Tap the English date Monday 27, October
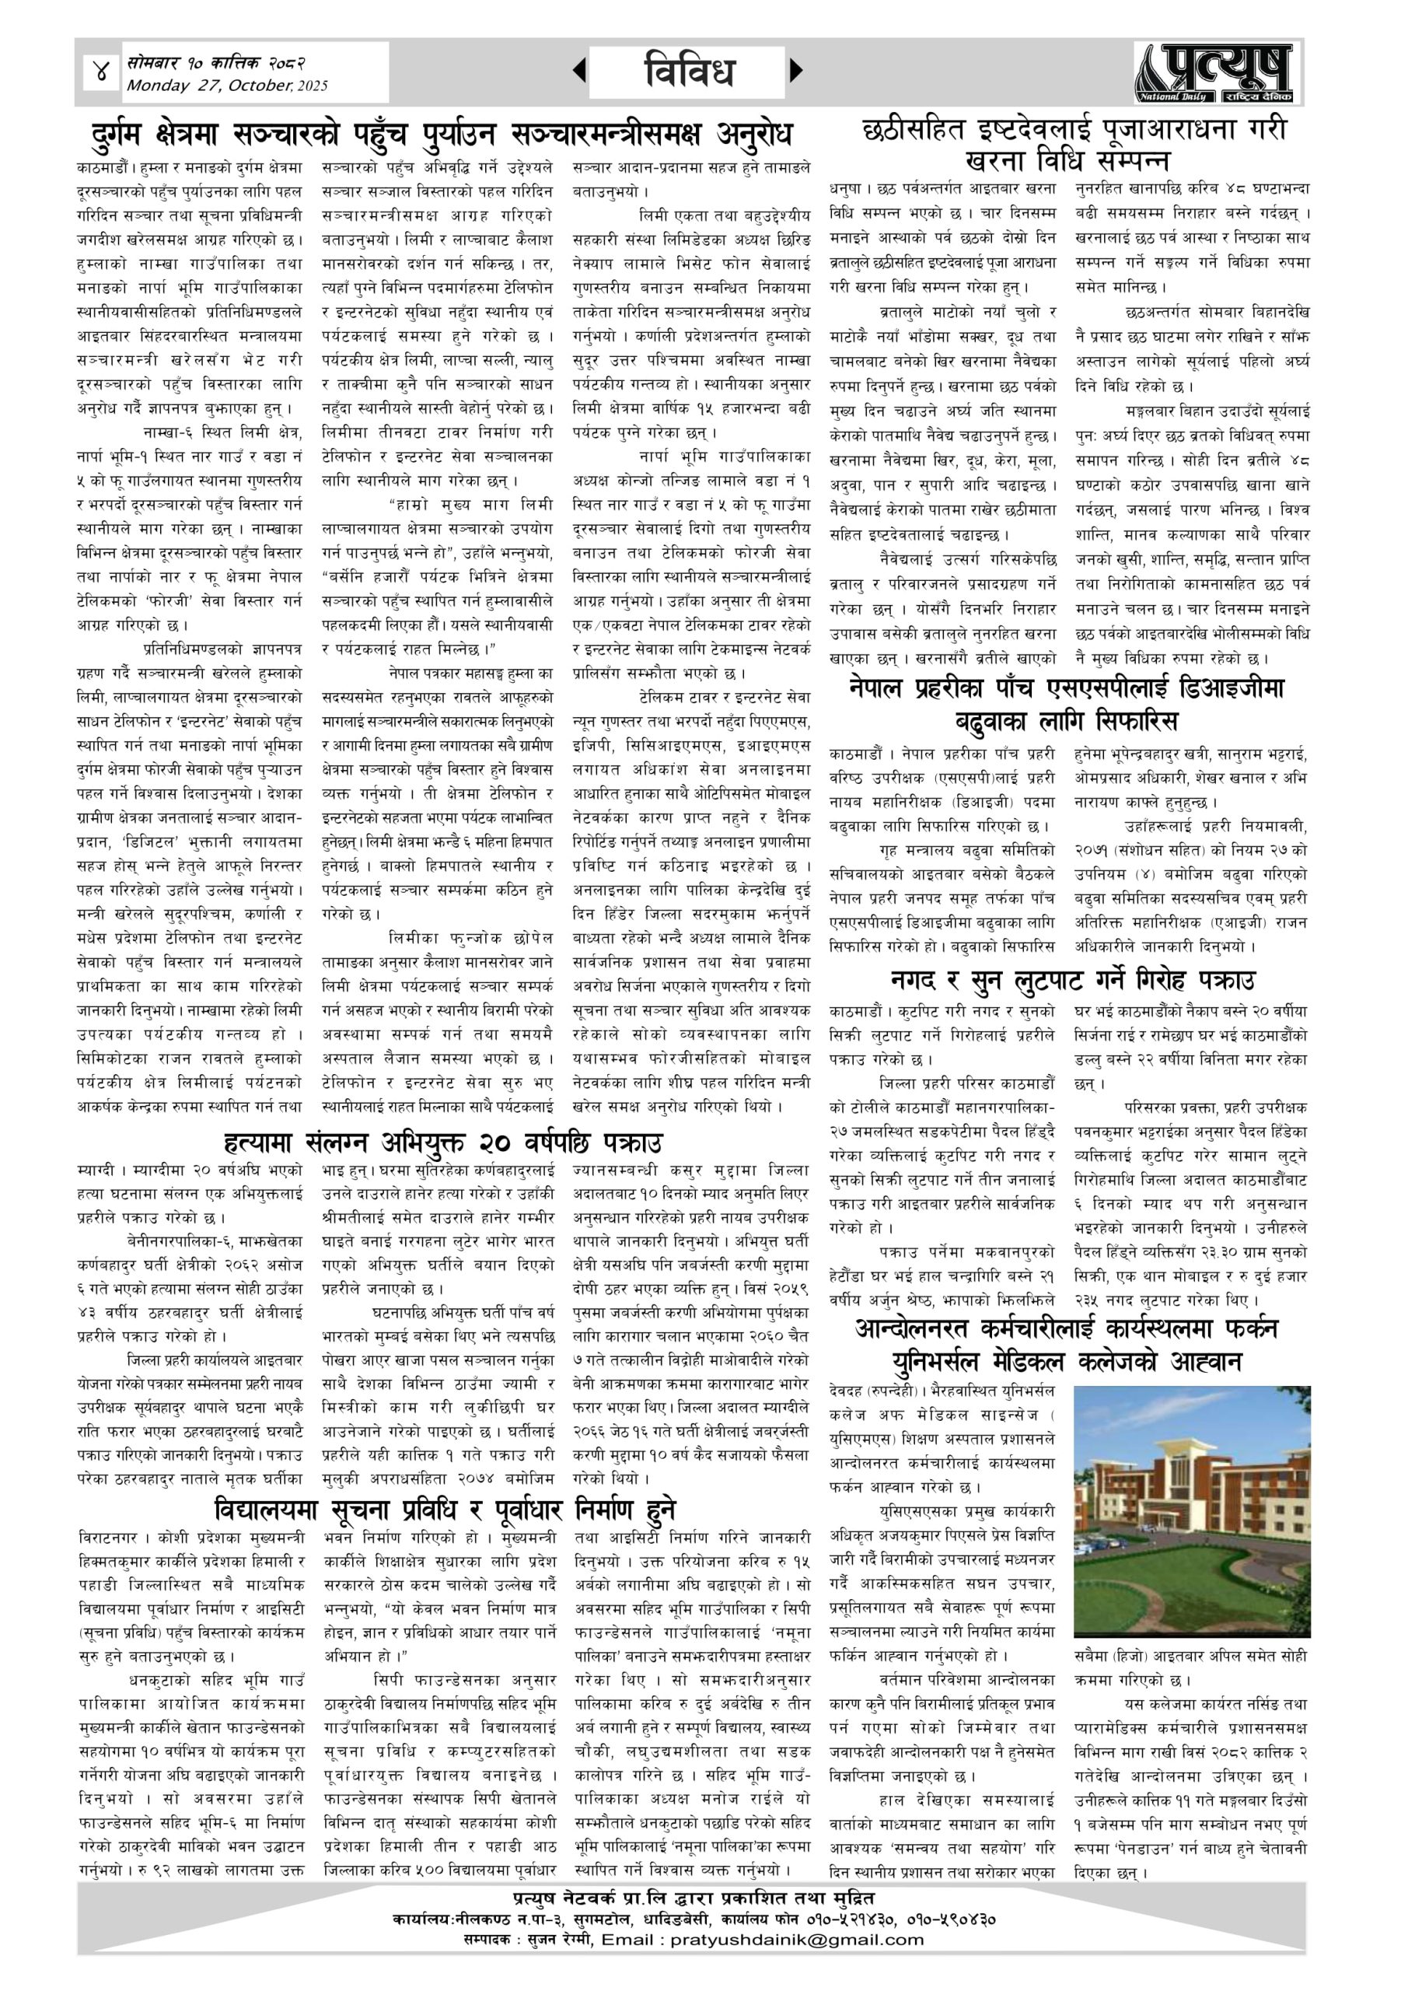[x=227, y=85]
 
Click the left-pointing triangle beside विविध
[x=579, y=70]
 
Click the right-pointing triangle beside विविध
[x=796, y=70]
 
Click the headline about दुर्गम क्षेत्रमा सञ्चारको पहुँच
[x=442, y=135]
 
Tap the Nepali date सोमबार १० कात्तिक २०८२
[x=216, y=62]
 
